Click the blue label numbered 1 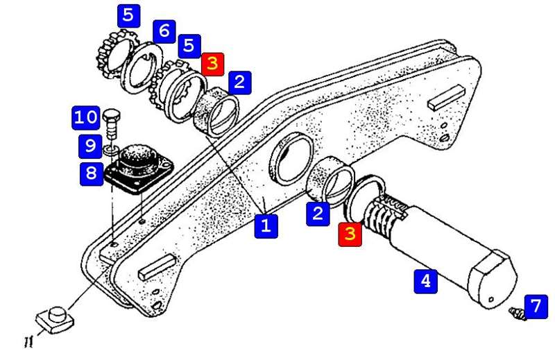(x=266, y=226)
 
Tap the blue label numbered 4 (x=426, y=282)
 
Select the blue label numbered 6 (x=164, y=31)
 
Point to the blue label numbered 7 (x=536, y=307)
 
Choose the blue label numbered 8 (x=92, y=174)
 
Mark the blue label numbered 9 (x=90, y=146)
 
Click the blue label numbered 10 (x=85, y=118)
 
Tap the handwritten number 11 (x=28, y=342)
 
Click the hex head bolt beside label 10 (x=112, y=125)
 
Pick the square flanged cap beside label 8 (x=139, y=168)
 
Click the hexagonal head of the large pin (x=493, y=280)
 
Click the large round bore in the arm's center (x=292, y=158)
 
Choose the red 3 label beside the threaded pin (x=350, y=234)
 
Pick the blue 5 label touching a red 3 (x=189, y=46)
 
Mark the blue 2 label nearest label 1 (x=318, y=214)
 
